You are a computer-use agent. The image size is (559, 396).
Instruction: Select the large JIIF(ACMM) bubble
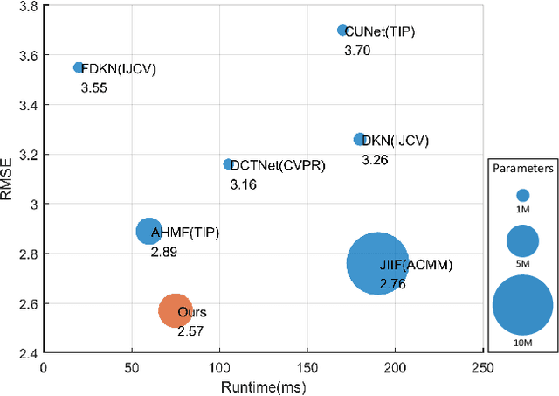coord(377,263)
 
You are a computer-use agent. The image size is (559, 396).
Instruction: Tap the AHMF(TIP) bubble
coord(148,231)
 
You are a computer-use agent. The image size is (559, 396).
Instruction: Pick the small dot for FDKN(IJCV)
coord(79,67)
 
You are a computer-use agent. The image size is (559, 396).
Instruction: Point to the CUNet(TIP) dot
coord(342,31)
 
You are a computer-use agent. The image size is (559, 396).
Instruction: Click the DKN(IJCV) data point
coord(359,140)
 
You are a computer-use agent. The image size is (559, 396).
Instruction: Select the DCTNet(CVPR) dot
coord(228,164)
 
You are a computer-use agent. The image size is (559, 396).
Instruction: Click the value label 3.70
coord(358,52)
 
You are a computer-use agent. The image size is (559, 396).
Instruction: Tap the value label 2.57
coord(190,332)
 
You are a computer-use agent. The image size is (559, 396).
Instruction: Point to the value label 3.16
coord(243,185)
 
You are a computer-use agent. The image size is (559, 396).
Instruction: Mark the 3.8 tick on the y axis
coord(27,6)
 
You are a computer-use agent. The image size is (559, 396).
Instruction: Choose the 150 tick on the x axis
coord(307,368)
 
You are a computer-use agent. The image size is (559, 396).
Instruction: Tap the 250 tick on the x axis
coord(482,368)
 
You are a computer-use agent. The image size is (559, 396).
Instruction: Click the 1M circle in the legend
coord(522,196)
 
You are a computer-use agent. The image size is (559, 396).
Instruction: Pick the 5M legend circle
coord(522,240)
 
